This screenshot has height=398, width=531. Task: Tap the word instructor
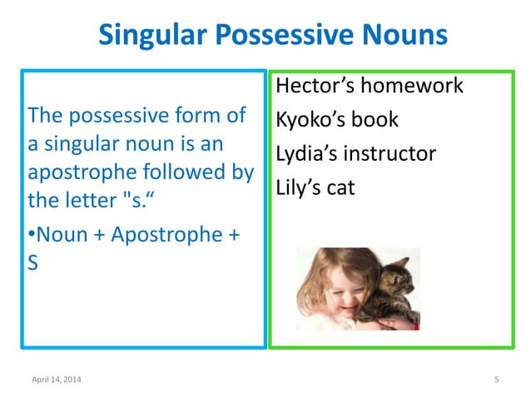coord(392,154)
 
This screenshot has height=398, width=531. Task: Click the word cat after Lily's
coord(340,188)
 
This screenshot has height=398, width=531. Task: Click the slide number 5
coord(496,381)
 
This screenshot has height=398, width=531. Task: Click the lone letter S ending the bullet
coord(33,262)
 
